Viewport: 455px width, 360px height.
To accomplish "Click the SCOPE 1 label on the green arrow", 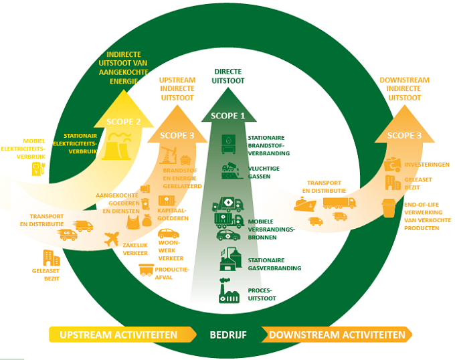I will tap(228, 116).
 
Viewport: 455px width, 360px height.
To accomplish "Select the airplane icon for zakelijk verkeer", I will tap(112, 239).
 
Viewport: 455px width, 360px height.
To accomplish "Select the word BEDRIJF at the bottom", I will tap(227, 335).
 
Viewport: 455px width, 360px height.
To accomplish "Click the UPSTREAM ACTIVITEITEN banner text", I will tap(118, 335).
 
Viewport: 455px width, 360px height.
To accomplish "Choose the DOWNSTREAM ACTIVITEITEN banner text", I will tap(337, 335).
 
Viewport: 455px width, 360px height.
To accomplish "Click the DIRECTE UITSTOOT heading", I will tap(228, 76).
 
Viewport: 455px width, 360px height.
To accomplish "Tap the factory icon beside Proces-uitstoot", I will tap(229, 294).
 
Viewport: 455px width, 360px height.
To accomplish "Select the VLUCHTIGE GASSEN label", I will tap(264, 173).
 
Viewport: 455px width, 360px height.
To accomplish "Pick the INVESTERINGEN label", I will tap(426, 165).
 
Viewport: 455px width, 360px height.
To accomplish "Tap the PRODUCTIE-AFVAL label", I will tap(172, 272).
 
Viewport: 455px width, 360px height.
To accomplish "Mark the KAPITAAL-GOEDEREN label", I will tap(173, 214).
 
